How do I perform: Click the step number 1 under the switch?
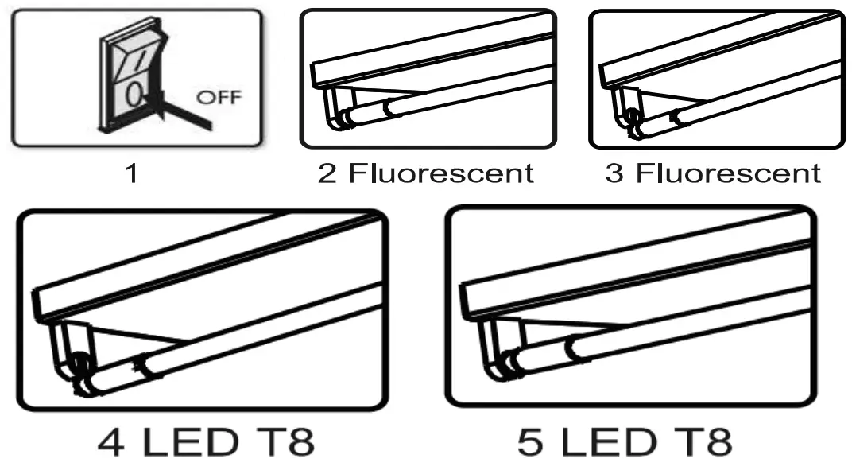[x=133, y=173]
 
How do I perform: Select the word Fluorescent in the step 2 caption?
[x=440, y=173]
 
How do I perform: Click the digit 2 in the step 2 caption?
[x=327, y=173]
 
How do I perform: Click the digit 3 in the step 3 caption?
[x=614, y=173]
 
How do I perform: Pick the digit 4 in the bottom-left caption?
[x=116, y=443]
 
